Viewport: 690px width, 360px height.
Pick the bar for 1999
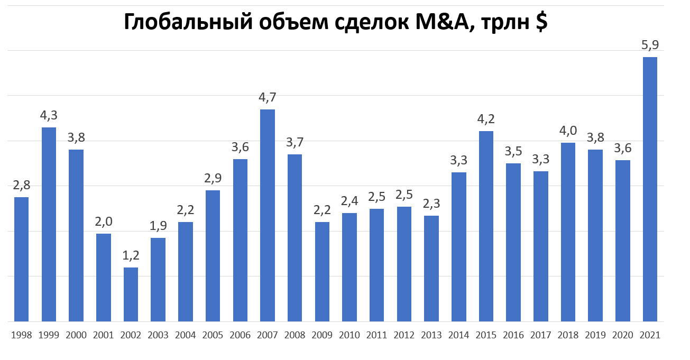coord(49,224)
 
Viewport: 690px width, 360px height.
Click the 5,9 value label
coord(650,45)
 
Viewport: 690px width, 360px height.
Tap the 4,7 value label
coord(268,98)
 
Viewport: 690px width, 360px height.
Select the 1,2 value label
coord(131,256)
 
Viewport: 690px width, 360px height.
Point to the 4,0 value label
coord(568,131)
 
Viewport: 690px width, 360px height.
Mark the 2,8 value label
coord(22,186)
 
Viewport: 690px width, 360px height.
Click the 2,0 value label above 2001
coord(104,222)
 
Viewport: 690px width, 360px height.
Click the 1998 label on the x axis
coord(22,335)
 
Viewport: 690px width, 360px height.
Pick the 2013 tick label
coord(431,335)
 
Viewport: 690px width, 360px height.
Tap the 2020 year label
coord(623,335)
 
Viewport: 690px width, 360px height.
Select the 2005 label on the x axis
coord(213,335)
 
